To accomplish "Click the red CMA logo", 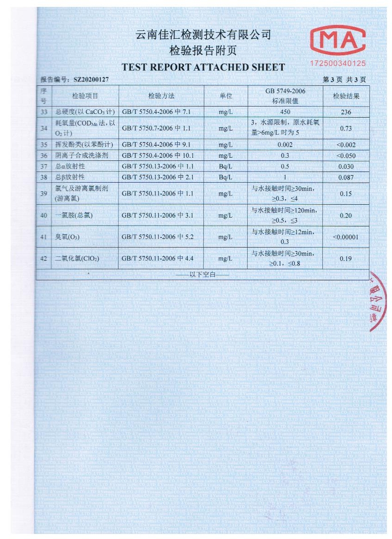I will coord(338,40).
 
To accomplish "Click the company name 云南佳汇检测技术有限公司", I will coord(203,35).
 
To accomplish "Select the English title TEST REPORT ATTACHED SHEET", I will coord(203,67).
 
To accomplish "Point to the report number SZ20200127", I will coord(91,80).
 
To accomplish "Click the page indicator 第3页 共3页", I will coord(344,80).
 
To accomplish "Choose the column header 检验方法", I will coord(161,96).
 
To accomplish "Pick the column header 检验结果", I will coord(345,96).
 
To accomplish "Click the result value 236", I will coord(345,112).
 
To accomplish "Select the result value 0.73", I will coord(345,129).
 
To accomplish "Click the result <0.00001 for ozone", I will coord(345,237).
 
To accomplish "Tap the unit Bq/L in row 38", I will coord(226,177).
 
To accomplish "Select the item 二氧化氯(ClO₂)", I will coord(77,259).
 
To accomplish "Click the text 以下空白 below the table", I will coord(202,275).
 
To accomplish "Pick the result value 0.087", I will coord(345,177).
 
